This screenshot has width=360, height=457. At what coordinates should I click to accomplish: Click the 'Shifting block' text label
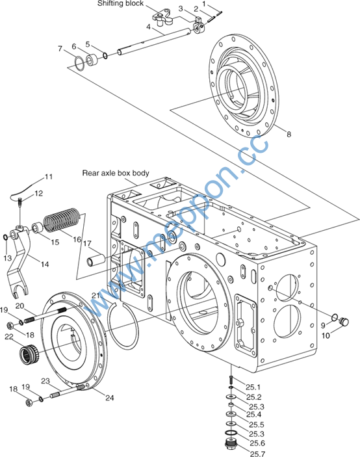(x=120, y=3)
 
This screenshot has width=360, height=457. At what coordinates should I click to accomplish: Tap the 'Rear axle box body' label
(x=116, y=173)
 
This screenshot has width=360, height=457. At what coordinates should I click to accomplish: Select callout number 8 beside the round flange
(x=289, y=134)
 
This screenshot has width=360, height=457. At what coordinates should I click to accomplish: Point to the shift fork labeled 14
(x=19, y=263)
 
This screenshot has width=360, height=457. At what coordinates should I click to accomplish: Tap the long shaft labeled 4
(x=155, y=40)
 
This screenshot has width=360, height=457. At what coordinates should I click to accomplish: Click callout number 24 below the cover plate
(x=110, y=398)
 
